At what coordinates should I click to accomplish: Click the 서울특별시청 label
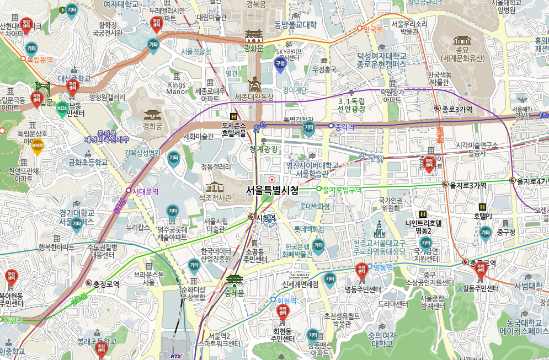(x=272, y=191)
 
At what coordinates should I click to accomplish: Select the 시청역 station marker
(x=252, y=217)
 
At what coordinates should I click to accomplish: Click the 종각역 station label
(x=344, y=126)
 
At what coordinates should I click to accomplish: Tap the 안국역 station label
(x=374, y=29)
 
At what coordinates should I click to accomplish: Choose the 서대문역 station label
(x=146, y=192)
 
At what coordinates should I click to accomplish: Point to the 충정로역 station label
(x=106, y=284)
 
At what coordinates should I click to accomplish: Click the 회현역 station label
(x=286, y=300)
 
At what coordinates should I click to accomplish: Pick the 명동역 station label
(x=382, y=268)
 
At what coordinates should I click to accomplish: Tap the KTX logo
(x=176, y=356)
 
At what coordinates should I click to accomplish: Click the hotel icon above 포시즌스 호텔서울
(x=234, y=117)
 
